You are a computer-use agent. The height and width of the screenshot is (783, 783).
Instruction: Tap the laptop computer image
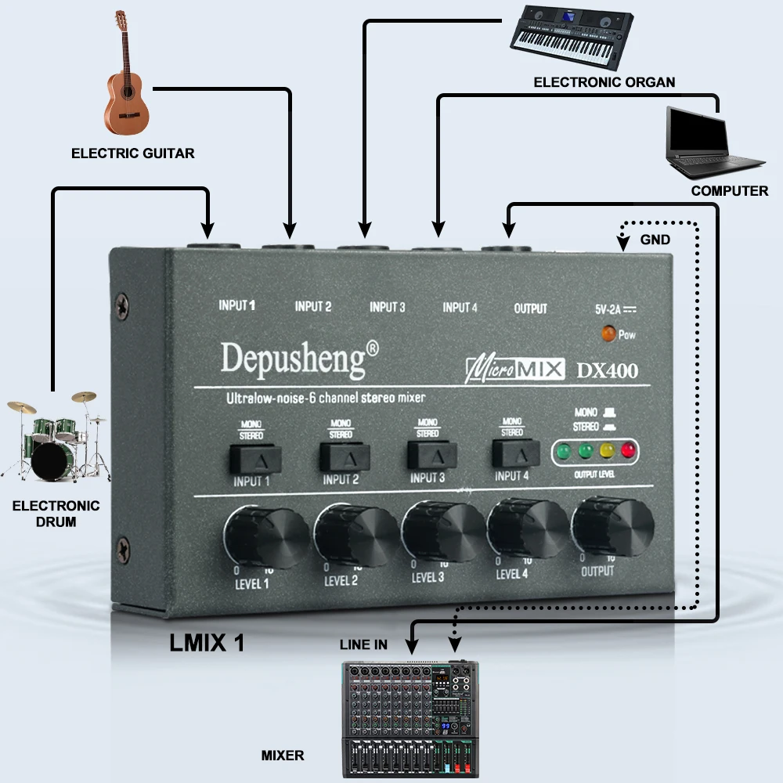tap(709, 142)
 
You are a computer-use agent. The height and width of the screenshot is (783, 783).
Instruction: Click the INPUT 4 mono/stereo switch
tap(516, 453)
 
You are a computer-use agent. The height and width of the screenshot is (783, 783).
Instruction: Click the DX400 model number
tap(607, 370)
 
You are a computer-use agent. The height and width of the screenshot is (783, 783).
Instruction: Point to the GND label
tap(655, 240)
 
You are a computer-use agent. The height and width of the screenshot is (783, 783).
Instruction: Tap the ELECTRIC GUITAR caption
tap(132, 153)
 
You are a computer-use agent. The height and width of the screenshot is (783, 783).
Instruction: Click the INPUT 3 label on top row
tap(387, 307)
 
